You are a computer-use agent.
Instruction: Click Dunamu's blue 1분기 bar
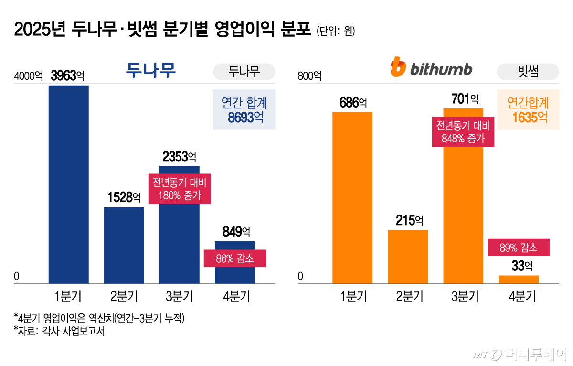pyautogui.click(x=69, y=184)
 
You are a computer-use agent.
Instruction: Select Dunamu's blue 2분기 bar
pyautogui.click(x=124, y=245)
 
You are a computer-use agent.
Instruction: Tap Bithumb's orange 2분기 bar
pyautogui.click(x=408, y=257)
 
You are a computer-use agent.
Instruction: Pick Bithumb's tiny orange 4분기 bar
pyautogui.click(x=519, y=280)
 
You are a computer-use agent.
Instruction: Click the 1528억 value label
pyautogui.click(x=124, y=197)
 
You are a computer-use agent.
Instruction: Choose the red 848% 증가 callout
pyautogui.click(x=463, y=132)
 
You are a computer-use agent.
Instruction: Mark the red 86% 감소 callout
pyautogui.click(x=234, y=258)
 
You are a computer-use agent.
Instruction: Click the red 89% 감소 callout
pyautogui.click(x=519, y=248)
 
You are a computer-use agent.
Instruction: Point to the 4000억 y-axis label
pyautogui.click(x=28, y=76)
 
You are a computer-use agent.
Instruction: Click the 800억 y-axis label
pyautogui.click(x=309, y=76)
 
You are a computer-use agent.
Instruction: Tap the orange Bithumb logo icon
pyautogui.click(x=397, y=67)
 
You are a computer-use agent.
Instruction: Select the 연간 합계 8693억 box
pyautogui.click(x=244, y=110)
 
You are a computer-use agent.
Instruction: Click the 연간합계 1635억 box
pyautogui.click(x=528, y=110)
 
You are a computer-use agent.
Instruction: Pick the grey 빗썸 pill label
pyautogui.click(x=528, y=72)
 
